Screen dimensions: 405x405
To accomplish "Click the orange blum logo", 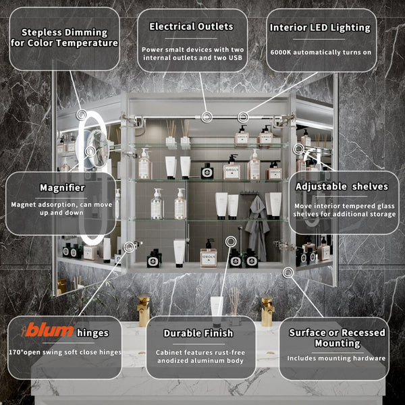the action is click(47, 330).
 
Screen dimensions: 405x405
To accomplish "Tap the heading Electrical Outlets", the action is click(191, 26).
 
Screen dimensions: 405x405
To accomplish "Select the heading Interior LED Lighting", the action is click(320, 28).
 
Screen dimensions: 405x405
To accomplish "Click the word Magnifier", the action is click(62, 188).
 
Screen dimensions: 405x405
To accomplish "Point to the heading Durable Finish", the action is click(198, 333).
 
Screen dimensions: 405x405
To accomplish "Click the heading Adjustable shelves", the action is click(342, 186).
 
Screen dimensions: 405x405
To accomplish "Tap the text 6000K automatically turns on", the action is click(321, 53).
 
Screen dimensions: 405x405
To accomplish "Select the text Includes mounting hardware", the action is click(336, 358).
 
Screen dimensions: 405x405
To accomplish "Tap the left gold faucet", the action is click(144, 311).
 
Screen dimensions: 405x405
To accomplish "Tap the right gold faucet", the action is click(267, 311).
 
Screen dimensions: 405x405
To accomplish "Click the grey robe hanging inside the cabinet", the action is click(256, 227).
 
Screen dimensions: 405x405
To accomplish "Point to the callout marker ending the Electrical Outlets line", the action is click(207, 117).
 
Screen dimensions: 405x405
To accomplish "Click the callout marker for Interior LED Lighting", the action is click(243, 117).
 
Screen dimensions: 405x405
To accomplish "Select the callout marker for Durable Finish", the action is click(231, 242).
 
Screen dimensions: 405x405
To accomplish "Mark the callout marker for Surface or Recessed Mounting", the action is click(288, 273).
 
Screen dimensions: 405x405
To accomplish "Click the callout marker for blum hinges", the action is click(129, 246).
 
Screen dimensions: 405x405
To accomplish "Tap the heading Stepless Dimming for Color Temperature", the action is click(64, 38).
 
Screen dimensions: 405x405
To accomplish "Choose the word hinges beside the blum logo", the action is click(92, 333).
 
